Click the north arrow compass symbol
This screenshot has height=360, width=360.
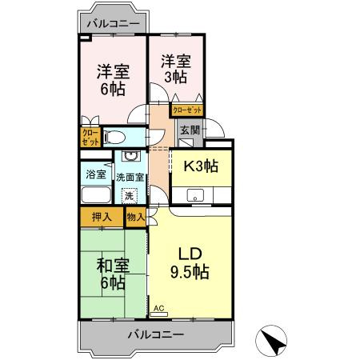tap(274, 342)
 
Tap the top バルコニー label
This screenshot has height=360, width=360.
tap(113, 23)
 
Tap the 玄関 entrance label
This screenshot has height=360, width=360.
tap(189, 130)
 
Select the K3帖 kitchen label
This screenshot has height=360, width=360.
tap(200, 167)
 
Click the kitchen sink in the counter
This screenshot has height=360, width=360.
tap(194, 194)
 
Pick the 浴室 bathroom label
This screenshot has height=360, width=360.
tap(94, 174)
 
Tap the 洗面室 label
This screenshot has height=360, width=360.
tap(130, 178)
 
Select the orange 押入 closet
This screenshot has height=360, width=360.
tap(102, 215)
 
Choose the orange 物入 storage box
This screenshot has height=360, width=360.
tap(135, 215)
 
